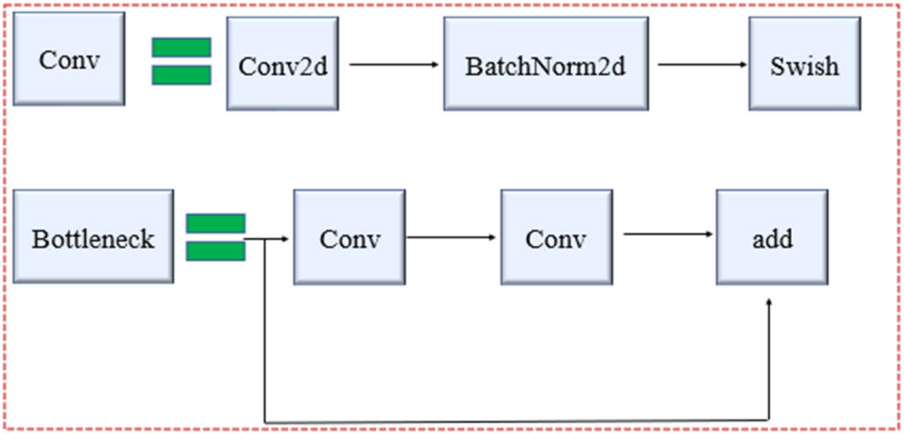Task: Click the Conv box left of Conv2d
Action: [x=69, y=58]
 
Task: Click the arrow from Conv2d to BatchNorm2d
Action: [x=394, y=65]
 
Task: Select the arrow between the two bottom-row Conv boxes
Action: [x=451, y=237]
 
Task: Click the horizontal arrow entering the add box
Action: [x=668, y=234]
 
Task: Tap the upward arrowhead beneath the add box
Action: [x=769, y=303]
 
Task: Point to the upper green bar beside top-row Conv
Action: [x=181, y=47]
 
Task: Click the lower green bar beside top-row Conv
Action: [x=181, y=75]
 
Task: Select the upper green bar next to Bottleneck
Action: [x=216, y=223]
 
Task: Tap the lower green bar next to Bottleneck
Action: [x=216, y=251]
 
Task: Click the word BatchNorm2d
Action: [x=546, y=67]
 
